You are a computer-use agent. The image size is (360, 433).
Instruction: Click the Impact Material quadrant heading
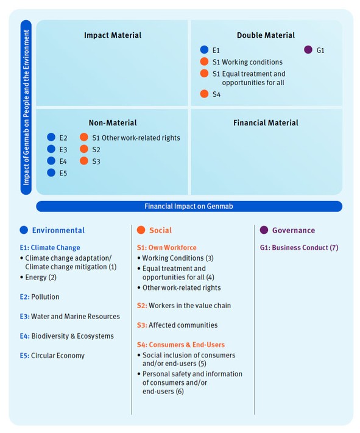coord(113,35)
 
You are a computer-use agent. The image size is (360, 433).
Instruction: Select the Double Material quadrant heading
coord(266,35)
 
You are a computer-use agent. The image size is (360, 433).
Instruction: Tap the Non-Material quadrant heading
coord(113,122)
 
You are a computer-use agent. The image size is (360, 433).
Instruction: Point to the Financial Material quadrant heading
coord(266,122)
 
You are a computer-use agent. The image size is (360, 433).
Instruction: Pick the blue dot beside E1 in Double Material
coord(204,50)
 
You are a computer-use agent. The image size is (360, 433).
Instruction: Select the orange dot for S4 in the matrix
coord(204,94)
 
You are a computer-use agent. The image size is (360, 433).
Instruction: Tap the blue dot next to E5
coord(51,173)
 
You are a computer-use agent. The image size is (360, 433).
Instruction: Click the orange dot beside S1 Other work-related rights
coord(84,138)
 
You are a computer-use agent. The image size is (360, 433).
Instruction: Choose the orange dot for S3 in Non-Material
coord(84,161)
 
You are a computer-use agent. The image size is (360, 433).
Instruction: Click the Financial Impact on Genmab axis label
coord(189,206)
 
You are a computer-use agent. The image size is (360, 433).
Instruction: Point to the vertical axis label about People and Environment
coord(26,107)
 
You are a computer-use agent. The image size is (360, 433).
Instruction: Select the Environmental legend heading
coord(58,231)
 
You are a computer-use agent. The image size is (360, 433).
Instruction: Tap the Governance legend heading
coord(294,231)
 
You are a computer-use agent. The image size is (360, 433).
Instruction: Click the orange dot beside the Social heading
coord(141,230)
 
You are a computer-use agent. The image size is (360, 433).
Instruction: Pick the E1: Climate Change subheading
coord(50,248)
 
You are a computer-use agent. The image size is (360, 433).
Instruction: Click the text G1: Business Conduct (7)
coord(299,248)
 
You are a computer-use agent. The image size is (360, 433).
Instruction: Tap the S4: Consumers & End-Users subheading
coord(181,345)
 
